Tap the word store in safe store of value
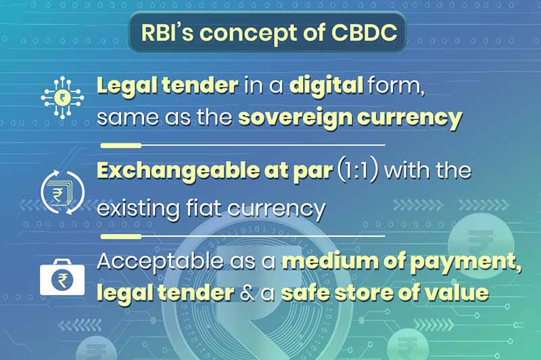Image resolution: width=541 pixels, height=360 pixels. coord(368,294)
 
